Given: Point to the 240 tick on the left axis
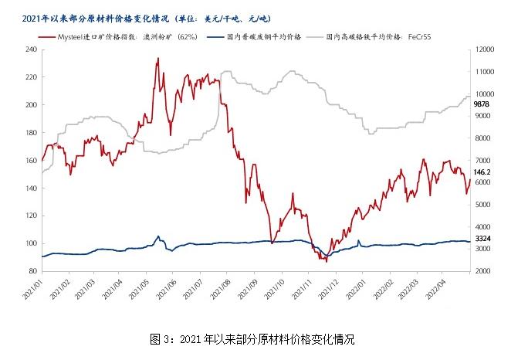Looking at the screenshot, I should pos(31,49).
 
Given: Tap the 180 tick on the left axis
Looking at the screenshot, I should pos(31,133).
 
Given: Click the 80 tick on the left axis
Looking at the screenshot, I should pos(32,271).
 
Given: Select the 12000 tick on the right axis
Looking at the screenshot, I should pos(485,49).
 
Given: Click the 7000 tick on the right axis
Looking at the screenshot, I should pos(483,161).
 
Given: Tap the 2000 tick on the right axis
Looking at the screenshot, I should pos(483,271).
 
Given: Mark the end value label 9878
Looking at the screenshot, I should pos(482,104).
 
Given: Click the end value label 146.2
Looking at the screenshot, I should pos(482,172).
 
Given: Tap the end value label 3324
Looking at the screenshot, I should pos(482,239).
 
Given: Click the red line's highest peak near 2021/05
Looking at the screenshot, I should pos(157,58).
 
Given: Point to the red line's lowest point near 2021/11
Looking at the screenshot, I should pos(327,262).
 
